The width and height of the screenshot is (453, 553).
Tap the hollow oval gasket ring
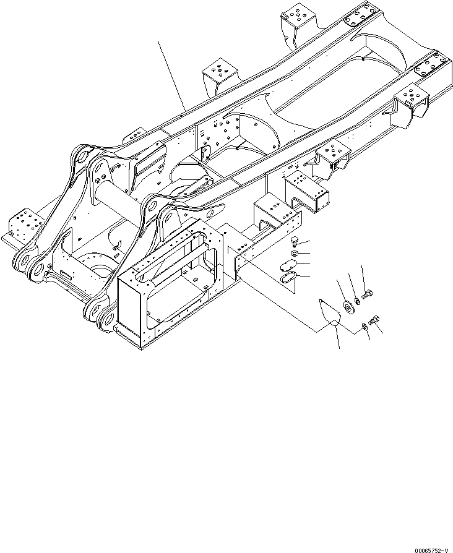tap(288, 280)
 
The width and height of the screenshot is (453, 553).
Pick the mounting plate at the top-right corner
tap(361, 15)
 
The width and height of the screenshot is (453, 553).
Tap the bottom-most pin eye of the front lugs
tap(105, 320)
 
